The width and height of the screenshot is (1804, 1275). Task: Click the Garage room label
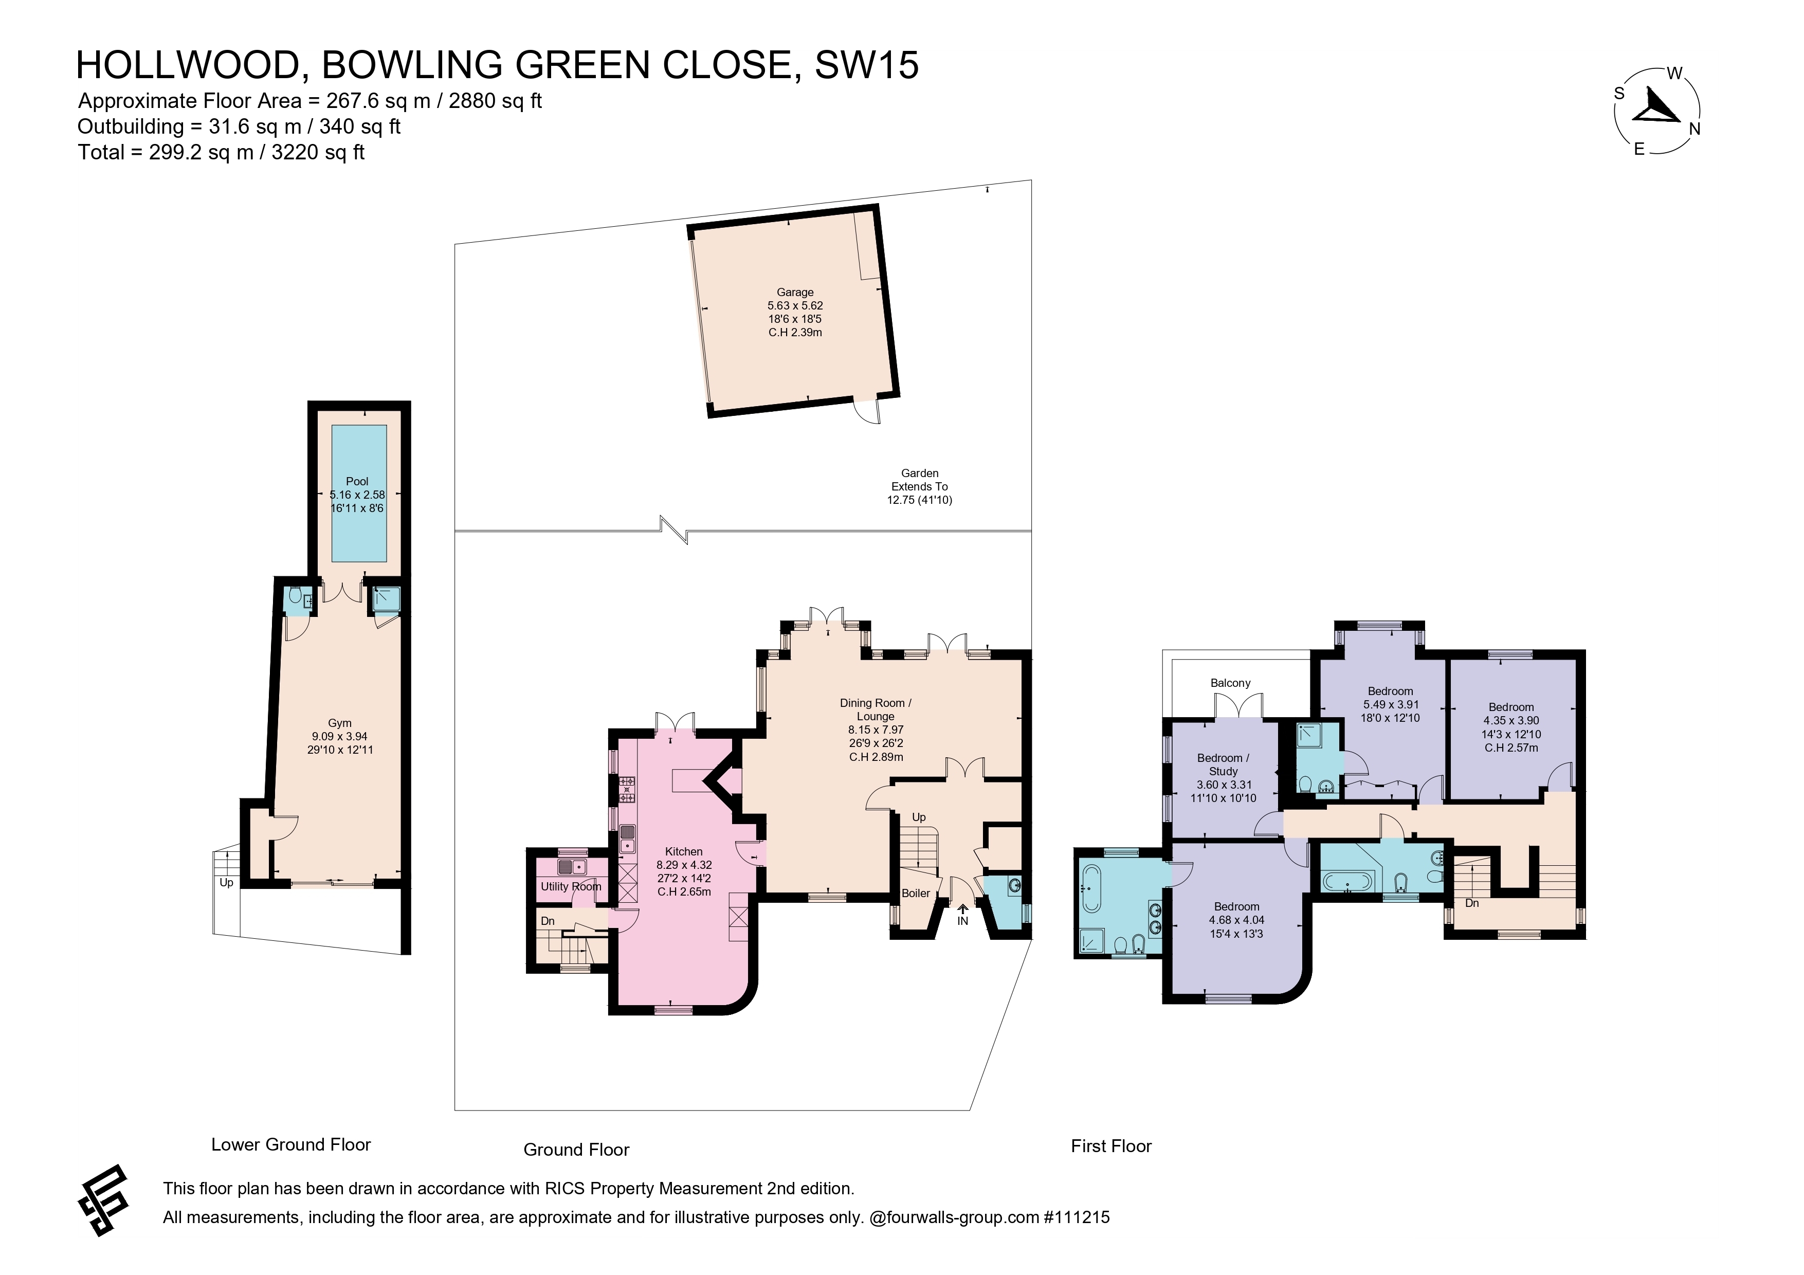(795, 292)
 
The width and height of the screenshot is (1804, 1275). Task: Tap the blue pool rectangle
(359, 494)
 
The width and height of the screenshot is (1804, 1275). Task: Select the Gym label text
(339, 723)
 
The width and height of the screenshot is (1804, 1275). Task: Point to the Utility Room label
(571, 886)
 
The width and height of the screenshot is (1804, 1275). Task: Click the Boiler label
(915, 893)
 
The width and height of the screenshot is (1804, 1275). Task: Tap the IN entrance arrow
(962, 909)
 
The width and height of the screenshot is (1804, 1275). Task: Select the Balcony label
(1230, 683)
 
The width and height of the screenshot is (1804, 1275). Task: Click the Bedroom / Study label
(1224, 764)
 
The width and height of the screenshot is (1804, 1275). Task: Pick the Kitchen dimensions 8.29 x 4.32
(684, 865)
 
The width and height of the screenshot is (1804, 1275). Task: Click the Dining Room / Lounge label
(876, 709)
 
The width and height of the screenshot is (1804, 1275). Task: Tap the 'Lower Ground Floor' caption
(290, 1144)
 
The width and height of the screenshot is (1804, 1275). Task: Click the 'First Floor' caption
(1111, 1146)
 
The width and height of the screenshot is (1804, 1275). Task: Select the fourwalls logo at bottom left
(102, 1200)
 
